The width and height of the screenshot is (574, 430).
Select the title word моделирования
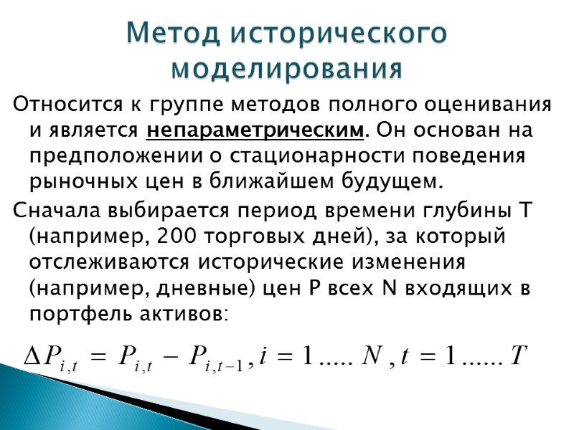point(287,69)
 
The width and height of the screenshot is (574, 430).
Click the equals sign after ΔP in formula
point(99,356)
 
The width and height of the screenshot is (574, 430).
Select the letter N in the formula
point(374,355)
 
